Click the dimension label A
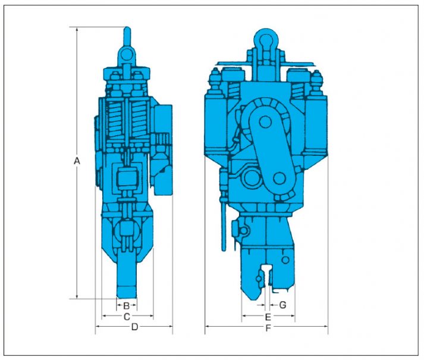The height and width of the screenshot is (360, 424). point(77,161)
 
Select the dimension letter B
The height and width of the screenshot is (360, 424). point(126,306)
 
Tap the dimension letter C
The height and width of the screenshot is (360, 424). point(127,317)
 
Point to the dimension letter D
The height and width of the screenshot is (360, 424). point(134,327)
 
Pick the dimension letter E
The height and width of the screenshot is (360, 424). point(268,317)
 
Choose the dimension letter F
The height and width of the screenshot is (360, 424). point(268,328)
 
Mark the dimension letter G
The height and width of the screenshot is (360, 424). point(282,305)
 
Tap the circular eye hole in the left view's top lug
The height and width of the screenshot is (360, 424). point(125,55)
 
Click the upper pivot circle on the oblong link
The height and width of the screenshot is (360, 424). point(266,122)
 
